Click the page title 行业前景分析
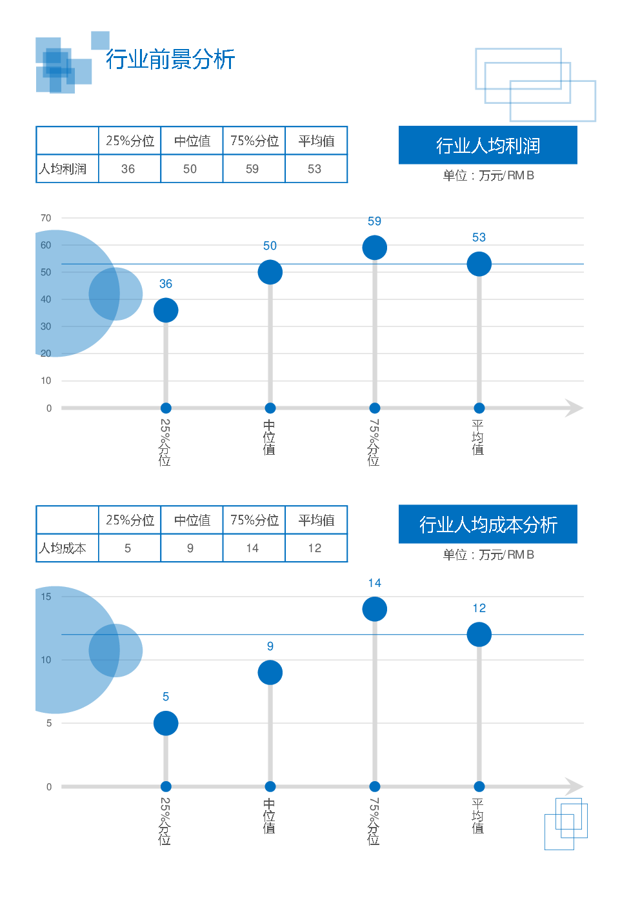click(170, 59)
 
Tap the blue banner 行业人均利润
click(488, 146)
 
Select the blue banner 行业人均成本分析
click(488, 524)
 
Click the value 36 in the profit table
click(128, 169)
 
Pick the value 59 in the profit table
click(252, 169)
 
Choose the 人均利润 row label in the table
click(63, 169)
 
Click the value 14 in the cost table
click(252, 548)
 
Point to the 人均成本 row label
click(63, 548)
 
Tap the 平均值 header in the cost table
click(316, 520)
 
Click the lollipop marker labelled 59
click(375, 248)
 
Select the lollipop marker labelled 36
click(166, 310)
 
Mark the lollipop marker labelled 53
click(479, 264)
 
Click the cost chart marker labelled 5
click(166, 723)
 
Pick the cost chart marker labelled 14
click(375, 609)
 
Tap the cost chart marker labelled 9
click(270, 673)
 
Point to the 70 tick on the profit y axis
click(46, 218)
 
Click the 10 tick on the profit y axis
click(46, 381)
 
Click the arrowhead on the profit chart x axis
click(574, 408)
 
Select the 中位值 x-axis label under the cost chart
click(270, 816)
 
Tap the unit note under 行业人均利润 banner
click(488, 175)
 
